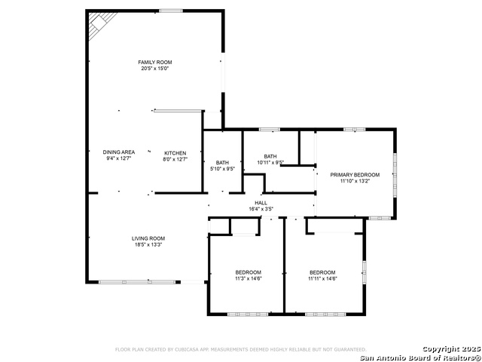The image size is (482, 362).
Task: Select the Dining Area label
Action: [119, 152]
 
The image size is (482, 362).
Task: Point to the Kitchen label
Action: [175, 152]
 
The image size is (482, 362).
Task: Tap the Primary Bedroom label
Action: [355, 174]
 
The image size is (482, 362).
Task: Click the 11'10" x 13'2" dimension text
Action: [355, 181]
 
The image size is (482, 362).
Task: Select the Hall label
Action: [261, 202]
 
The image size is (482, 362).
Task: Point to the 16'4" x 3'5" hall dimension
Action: [261, 209]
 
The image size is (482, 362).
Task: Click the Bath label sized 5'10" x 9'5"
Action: [222, 162]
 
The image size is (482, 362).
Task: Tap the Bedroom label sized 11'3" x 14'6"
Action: [248, 272]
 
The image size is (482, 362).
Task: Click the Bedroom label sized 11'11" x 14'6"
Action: [322, 272]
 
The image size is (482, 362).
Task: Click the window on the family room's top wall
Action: [170, 11]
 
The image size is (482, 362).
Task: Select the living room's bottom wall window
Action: [129, 282]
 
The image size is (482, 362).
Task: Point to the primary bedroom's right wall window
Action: [394, 173]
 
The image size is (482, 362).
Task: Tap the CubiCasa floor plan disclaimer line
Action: [240, 349]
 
